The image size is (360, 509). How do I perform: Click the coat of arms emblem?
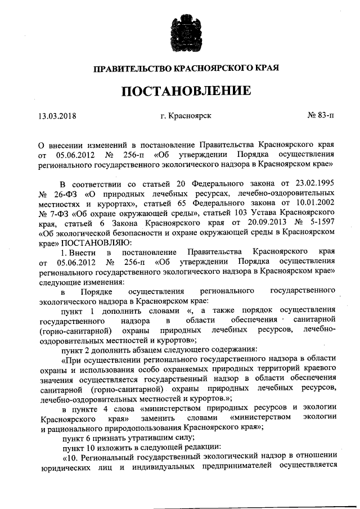[x=179, y=35]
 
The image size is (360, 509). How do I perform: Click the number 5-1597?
[x=321, y=224]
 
